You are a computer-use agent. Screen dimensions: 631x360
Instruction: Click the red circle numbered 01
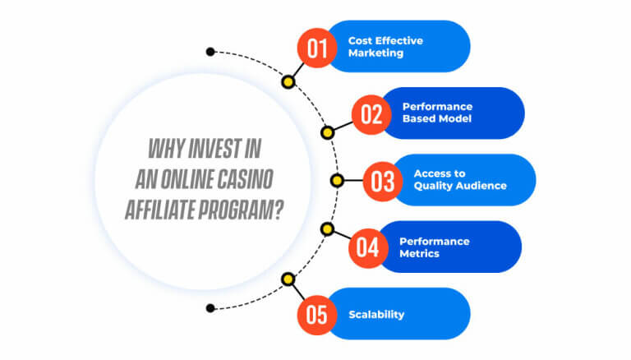317,48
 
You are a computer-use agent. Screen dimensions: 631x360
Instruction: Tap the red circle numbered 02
371,115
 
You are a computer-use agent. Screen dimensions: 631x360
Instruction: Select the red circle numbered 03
383,182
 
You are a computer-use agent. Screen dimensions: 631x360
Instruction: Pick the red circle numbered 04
368,248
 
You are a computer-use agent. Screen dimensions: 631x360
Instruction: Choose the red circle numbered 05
317,315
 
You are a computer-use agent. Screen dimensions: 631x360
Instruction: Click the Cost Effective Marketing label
385,47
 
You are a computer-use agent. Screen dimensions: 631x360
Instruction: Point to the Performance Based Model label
437,113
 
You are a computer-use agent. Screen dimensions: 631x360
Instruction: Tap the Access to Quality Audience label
460,180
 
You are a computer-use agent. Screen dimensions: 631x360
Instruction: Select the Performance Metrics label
434,247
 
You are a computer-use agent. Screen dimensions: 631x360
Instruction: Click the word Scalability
376,315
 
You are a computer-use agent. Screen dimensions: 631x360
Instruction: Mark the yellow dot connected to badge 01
288,82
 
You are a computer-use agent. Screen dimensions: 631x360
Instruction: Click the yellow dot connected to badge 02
328,132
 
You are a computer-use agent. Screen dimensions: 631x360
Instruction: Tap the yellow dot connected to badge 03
337,180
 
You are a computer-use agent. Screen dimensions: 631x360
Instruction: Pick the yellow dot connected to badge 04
328,229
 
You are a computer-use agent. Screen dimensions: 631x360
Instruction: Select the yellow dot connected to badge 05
288,279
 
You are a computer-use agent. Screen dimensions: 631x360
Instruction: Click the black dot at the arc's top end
210,52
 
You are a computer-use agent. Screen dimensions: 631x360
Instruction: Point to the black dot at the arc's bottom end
210,308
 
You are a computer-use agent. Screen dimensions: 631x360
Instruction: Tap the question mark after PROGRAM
279,210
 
